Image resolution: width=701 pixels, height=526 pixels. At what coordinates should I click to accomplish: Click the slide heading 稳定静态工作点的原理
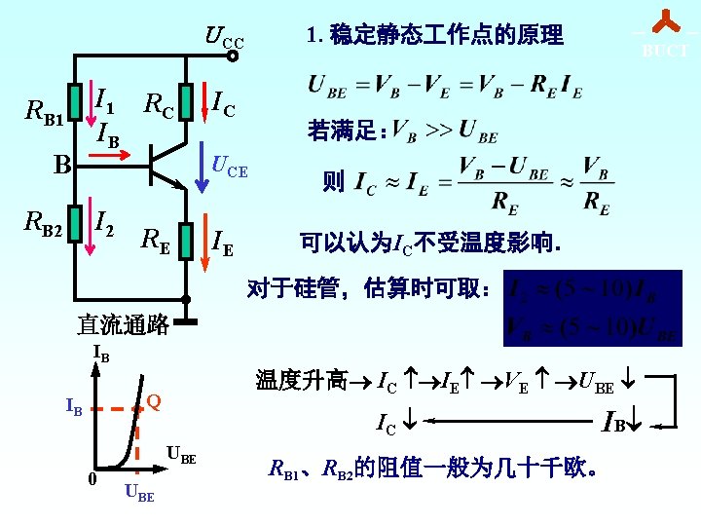click(x=434, y=36)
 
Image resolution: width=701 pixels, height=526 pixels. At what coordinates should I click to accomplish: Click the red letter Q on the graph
click(x=153, y=401)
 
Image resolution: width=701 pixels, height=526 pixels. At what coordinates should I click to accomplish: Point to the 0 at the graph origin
click(x=91, y=478)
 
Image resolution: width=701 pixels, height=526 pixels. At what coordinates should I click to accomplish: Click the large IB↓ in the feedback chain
click(x=618, y=423)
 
